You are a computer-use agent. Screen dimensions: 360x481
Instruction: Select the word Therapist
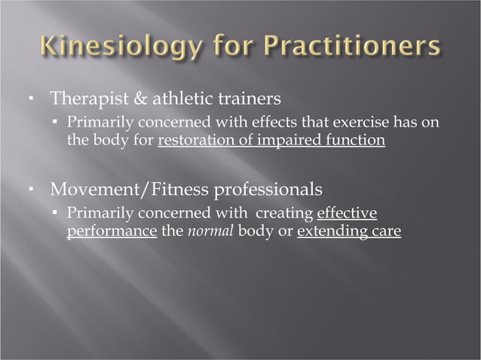coord(81,99)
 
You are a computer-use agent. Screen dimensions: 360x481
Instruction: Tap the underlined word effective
coord(347,213)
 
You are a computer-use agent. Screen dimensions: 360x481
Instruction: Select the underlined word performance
coord(112,231)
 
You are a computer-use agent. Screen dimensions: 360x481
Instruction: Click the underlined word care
coord(383,231)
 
